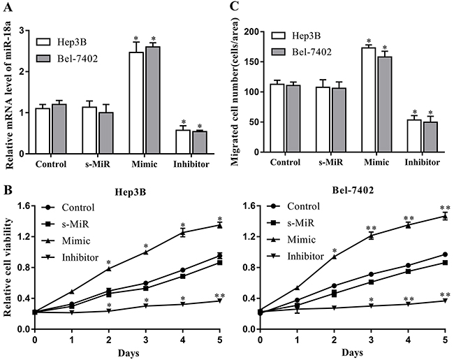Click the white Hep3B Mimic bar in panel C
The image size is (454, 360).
tap(363, 101)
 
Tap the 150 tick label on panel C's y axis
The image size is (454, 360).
tap(260, 62)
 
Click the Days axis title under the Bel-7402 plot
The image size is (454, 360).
tap(353, 351)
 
